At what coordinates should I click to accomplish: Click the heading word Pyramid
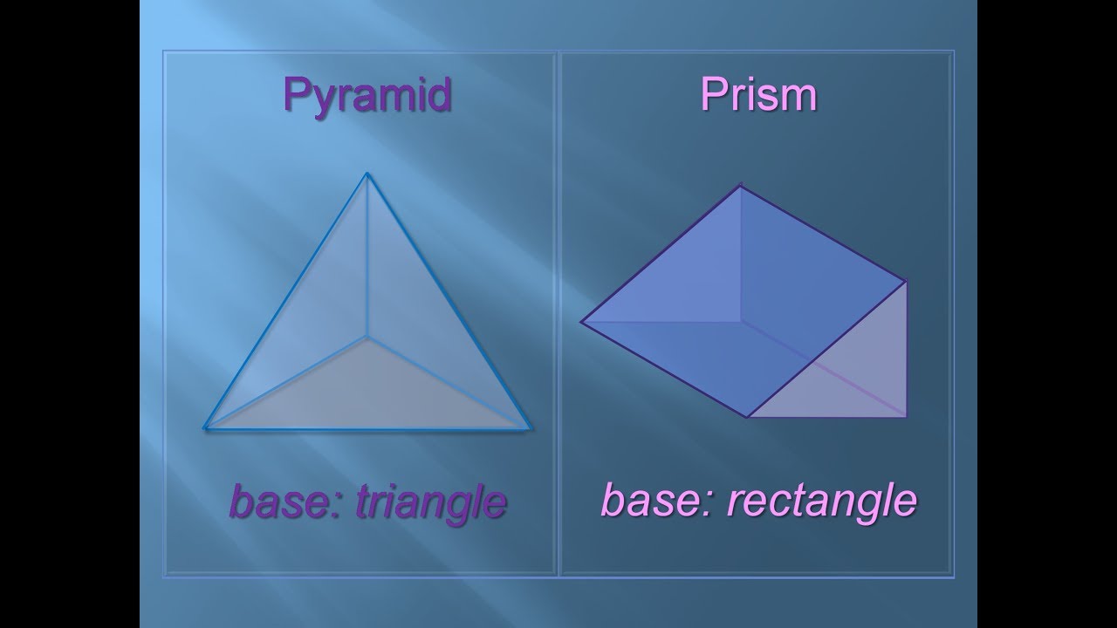(367, 95)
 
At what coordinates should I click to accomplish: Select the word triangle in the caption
(431, 502)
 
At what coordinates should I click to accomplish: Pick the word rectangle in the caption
(822, 500)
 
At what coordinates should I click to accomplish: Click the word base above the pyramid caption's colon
(278, 501)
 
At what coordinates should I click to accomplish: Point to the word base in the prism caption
(652, 500)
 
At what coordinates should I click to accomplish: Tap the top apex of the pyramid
(367, 174)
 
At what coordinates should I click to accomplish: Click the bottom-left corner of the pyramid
(205, 428)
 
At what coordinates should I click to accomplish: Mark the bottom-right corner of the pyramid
(531, 428)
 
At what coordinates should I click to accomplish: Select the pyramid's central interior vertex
(367, 338)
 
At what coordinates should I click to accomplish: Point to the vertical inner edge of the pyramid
(367, 256)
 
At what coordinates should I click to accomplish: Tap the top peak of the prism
(741, 186)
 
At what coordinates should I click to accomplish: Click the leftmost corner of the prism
(581, 322)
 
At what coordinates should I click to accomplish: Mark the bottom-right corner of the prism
(906, 416)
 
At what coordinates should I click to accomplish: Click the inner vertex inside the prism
(741, 322)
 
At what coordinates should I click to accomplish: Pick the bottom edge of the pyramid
(367, 428)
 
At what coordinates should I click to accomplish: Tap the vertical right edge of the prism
(906, 349)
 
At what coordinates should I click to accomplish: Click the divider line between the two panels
(558, 314)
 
